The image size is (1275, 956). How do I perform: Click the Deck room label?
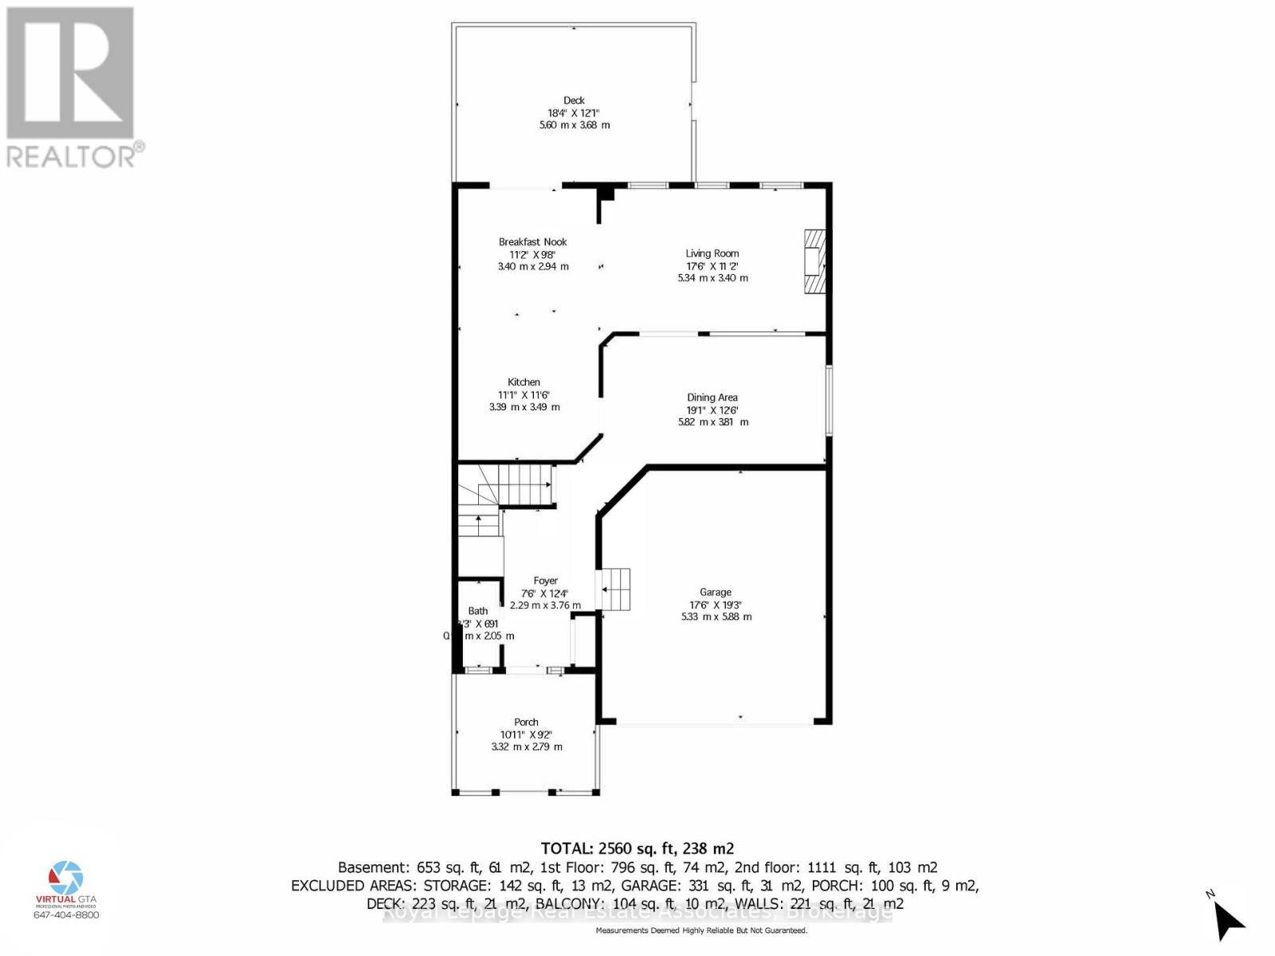574,100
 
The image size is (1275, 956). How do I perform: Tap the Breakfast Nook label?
532,241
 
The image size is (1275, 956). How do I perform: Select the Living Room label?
712,253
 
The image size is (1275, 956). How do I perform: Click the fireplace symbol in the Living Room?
814,262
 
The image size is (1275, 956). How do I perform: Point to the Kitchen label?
524,382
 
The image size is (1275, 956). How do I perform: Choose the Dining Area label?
712,398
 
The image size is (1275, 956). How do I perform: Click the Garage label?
715,592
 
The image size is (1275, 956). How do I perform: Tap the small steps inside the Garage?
614,590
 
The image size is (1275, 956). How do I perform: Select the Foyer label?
545,581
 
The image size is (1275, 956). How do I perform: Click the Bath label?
478,611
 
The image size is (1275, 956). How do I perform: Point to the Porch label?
526,722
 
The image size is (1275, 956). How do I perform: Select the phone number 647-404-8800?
66,915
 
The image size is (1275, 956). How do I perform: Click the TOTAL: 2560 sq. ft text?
637,848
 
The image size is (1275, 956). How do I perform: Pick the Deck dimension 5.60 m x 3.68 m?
574,125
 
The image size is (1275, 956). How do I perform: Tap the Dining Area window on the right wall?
829,400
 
